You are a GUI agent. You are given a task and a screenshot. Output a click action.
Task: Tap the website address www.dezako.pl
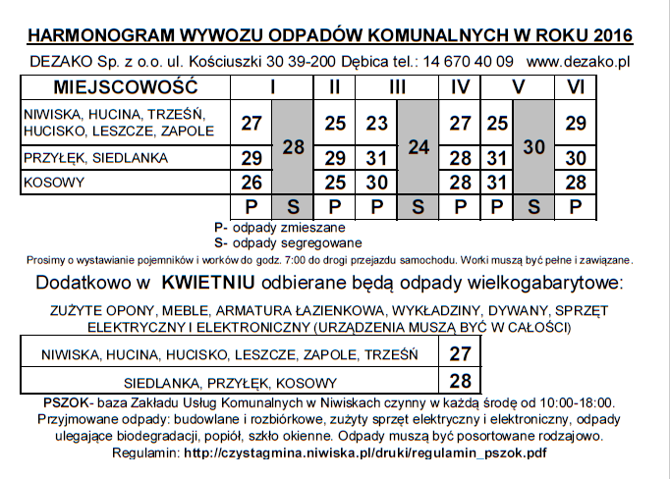click(x=578, y=61)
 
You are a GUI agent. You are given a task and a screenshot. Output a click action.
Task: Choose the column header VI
click(x=576, y=85)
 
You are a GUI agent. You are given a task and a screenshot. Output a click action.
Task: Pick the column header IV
click(x=459, y=85)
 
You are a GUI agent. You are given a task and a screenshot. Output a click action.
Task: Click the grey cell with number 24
click(x=419, y=146)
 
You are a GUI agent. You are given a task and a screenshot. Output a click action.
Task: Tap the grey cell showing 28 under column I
click(x=294, y=146)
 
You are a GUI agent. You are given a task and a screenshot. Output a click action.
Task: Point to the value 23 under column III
click(x=376, y=124)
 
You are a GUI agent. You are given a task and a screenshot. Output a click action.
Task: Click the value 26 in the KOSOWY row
click(x=251, y=182)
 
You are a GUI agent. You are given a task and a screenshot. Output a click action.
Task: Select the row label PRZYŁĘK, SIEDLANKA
click(x=87, y=158)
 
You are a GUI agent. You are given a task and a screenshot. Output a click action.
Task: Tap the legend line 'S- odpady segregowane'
click(x=287, y=242)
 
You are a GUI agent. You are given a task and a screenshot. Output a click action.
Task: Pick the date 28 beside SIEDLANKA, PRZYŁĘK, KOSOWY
click(x=460, y=381)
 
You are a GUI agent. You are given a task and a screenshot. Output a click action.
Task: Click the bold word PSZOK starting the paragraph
click(x=65, y=402)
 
